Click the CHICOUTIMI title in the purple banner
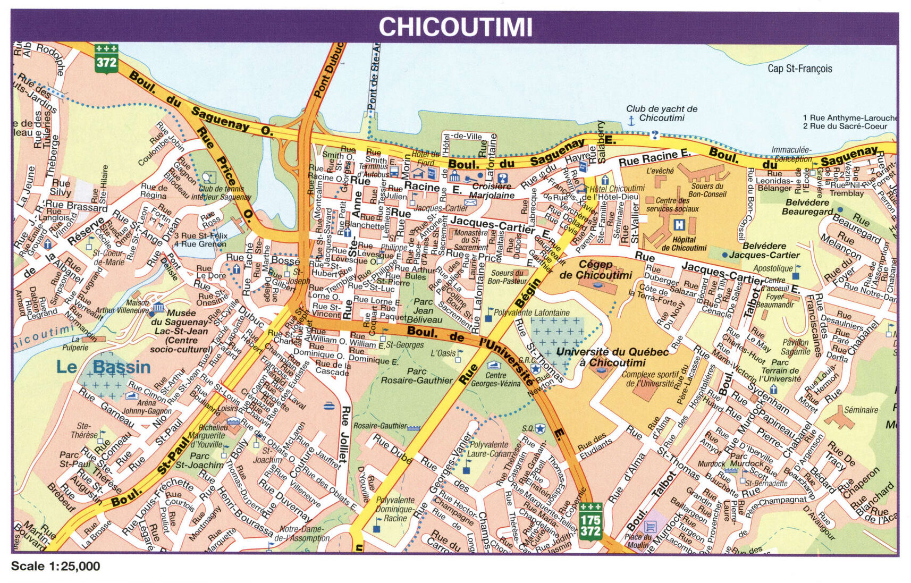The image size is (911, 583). coord(455,27)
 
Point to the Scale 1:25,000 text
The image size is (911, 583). coord(55,567)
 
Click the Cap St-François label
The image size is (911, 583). coord(799,69)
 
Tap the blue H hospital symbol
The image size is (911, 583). coord(679,225)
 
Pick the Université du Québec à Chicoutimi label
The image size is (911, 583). coord(612,357)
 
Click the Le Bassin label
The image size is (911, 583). coord(104,367)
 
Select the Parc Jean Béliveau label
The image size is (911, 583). coord(424,310)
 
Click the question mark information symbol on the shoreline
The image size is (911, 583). coord(655,134)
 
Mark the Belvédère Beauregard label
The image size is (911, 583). coord(807,207)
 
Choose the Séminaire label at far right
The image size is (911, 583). coord(861,410)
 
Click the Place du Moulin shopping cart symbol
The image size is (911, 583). coord(649,526)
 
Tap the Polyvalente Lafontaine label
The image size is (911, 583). coord(532,313)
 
